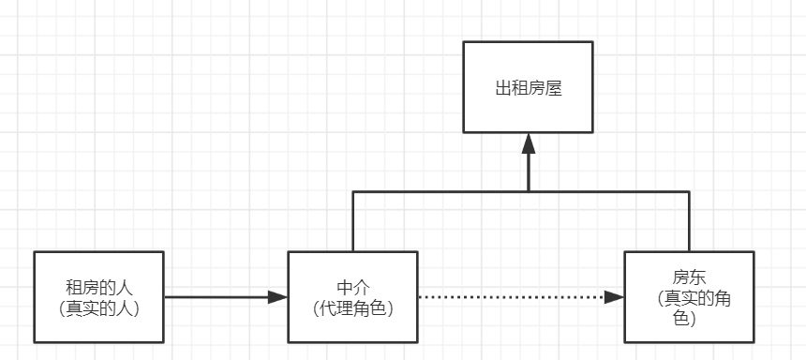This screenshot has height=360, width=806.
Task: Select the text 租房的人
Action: click(x=98, y=287)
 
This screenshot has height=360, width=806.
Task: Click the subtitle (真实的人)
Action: click(x=98, y=307)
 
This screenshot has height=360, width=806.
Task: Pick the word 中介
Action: click(x=352, y=287)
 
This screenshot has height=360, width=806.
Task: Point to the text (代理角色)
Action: click(x=352, y=307)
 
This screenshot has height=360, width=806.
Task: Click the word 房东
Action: click(x=688, y=278)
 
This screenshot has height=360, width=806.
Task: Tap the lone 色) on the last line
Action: click(x=689, y=319)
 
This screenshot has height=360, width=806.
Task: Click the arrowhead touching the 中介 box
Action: click(x=277, y=297)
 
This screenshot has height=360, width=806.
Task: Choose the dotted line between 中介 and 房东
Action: click(x=515, y=297)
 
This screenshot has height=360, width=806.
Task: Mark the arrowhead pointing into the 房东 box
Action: click(x=615, y=297)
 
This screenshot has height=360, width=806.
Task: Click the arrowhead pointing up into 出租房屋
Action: click(x=529, y=143)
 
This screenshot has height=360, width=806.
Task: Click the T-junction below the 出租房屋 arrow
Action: click(x=529, y=191)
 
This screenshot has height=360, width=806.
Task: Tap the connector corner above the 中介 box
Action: click(x=352, y=191)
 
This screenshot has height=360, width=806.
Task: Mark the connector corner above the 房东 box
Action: click(x=689, y=191)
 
